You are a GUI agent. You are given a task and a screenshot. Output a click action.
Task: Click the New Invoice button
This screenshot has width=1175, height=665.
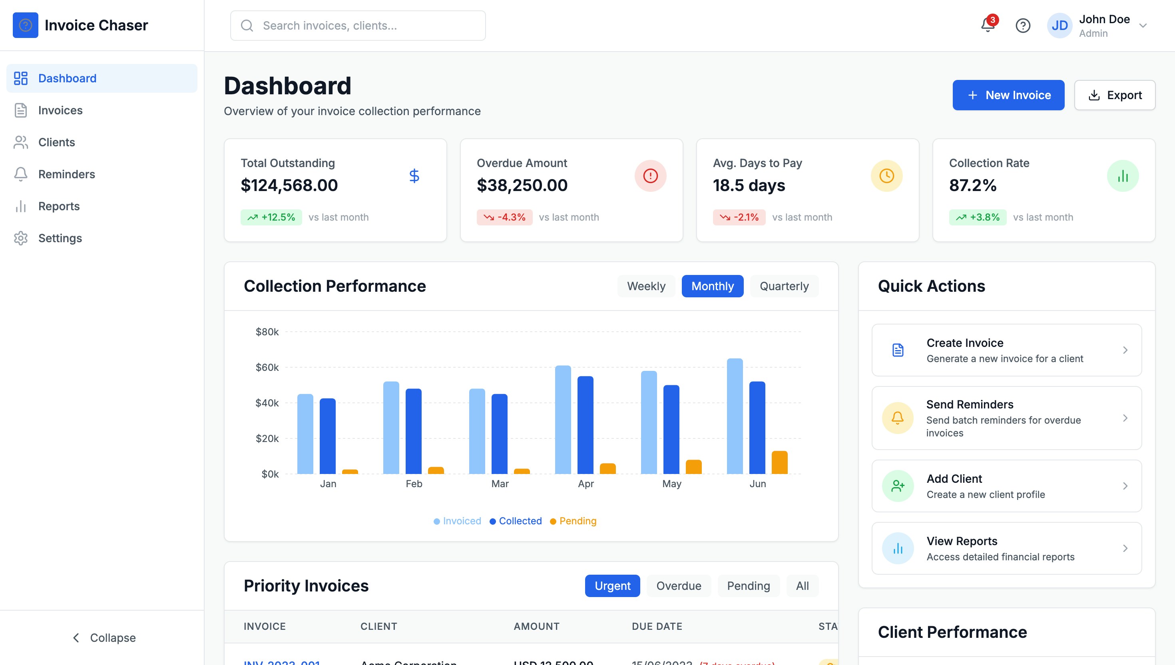(1008, 95)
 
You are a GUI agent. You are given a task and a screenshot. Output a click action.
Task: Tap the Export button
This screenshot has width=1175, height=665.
(1114, 95)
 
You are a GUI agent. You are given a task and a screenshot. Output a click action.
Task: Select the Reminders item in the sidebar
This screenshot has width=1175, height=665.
(66, 174)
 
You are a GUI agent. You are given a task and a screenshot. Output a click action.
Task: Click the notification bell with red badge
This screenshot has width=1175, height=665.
(987, 25)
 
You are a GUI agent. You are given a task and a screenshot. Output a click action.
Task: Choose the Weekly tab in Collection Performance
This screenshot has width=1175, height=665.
(646, 286)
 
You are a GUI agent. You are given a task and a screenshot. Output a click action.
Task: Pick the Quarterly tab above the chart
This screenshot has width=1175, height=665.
(784, 286)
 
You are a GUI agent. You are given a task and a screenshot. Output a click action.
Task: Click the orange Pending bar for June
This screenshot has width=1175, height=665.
(779, 462)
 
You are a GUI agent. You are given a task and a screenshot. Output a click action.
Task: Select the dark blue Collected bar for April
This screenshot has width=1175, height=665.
(585, 425)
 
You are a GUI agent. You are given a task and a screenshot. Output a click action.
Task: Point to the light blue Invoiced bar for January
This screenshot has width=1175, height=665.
(305, 434)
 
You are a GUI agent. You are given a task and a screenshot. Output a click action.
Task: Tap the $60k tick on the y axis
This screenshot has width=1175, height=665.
(267, 367)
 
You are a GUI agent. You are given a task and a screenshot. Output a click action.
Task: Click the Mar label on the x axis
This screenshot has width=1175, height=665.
(500, 484)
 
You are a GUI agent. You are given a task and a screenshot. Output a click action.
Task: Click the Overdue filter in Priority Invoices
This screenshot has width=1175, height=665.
(678, 585)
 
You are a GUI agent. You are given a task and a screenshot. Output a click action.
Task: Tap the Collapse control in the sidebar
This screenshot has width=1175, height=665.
(104, 637)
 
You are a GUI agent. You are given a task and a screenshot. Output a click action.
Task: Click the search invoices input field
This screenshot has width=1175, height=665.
(358, 26)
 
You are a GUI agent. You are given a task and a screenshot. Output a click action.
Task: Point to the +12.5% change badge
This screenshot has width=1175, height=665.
(271, 217)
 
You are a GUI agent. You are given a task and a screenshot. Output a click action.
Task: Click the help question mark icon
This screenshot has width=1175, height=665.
(1022, 26)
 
